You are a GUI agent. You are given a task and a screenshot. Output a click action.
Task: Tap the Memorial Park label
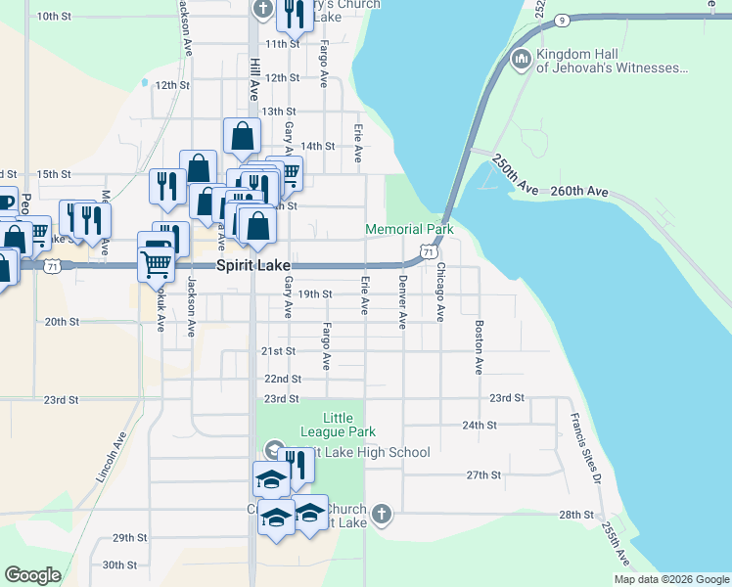click(x=410, y=230)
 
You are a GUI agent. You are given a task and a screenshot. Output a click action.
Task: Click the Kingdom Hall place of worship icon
click(x=521, y=61)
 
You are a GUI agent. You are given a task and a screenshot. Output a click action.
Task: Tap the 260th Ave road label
click(x=580, y=193)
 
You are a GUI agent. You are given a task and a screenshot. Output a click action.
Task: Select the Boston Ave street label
click(x=479, y=347)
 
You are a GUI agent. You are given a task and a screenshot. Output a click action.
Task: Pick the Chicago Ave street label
click(x=440, y=292)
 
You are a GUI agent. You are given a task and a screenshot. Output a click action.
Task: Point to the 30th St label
click(x=119, y=564)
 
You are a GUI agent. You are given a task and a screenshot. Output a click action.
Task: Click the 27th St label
click(x=483, y=474)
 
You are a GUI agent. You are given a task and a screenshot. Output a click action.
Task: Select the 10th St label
click(x=54, y=17)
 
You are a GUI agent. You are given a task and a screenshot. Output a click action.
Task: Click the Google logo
click(x=32, y=575)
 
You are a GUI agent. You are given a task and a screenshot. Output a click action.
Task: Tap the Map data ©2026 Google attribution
click(x=670, y=579)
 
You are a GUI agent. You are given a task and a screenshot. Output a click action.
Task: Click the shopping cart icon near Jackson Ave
click(x=157, y=260)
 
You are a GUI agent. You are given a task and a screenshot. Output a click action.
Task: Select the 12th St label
click(x=171, y=85)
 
